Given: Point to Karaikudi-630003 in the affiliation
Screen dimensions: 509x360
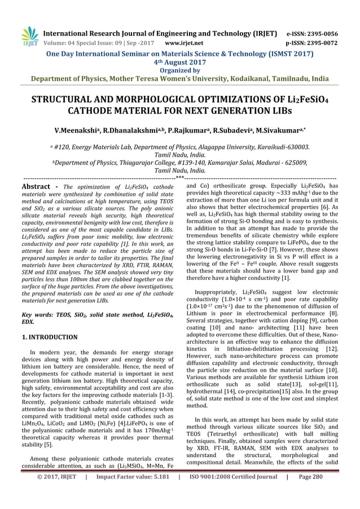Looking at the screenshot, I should tap(281, 146).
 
